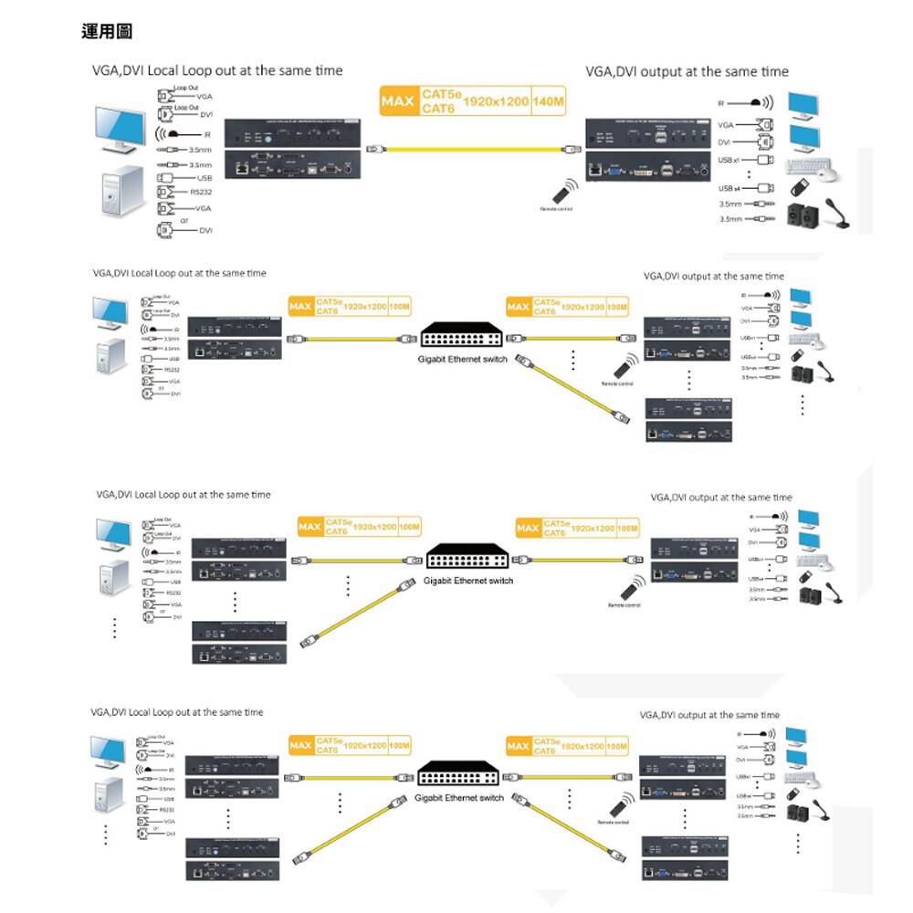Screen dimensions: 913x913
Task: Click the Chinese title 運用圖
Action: click(x=107, y=32)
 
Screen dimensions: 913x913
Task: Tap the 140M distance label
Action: click(x=548, y=100)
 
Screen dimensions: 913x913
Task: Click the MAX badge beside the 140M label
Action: click(x=398, y=100)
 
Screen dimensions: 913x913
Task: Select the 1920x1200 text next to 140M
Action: click(x=496, y=100)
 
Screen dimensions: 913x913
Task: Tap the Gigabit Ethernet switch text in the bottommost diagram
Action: click(x=459, y=798)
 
